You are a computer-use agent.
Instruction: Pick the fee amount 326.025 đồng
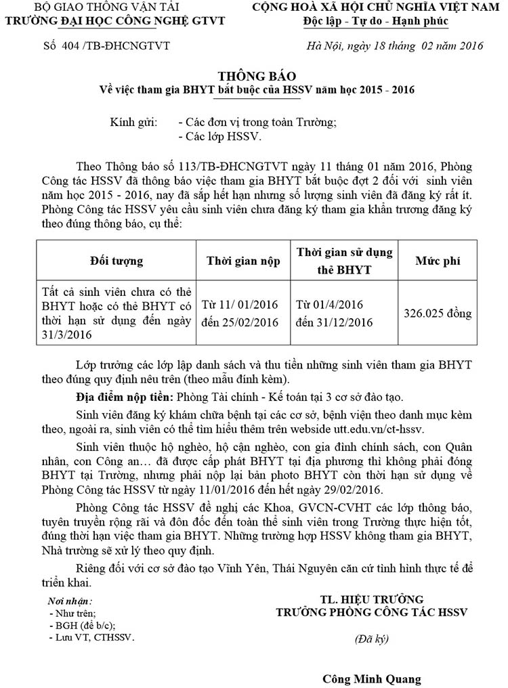438,314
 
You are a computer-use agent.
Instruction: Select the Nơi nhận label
70,601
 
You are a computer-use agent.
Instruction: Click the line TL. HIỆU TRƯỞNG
372,599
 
